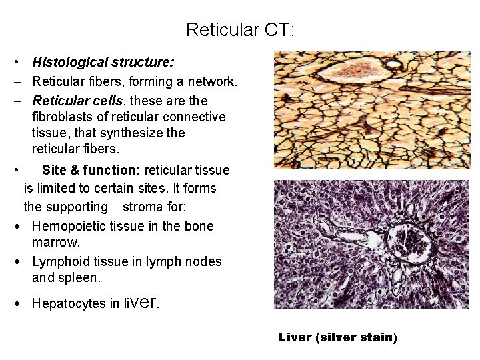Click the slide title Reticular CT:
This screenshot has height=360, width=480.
click(240, 30)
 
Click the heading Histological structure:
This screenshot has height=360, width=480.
click(103, 63)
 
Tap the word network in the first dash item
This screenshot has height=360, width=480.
click(211, 82)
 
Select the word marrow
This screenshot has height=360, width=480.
click(51, 242)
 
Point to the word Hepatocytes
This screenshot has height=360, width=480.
click(69, 304)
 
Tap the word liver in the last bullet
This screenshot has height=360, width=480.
click(141, 303)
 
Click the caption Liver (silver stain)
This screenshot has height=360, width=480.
click(337, 337)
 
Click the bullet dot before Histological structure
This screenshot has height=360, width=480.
click(15, 63)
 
